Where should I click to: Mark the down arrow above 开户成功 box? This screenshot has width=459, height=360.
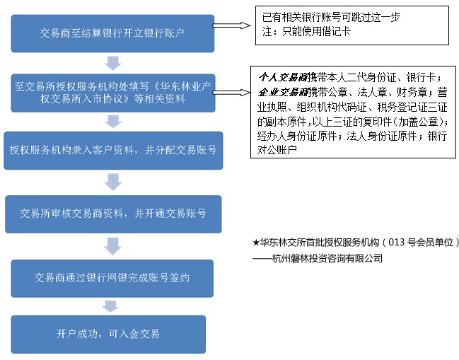coord(109,306)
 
